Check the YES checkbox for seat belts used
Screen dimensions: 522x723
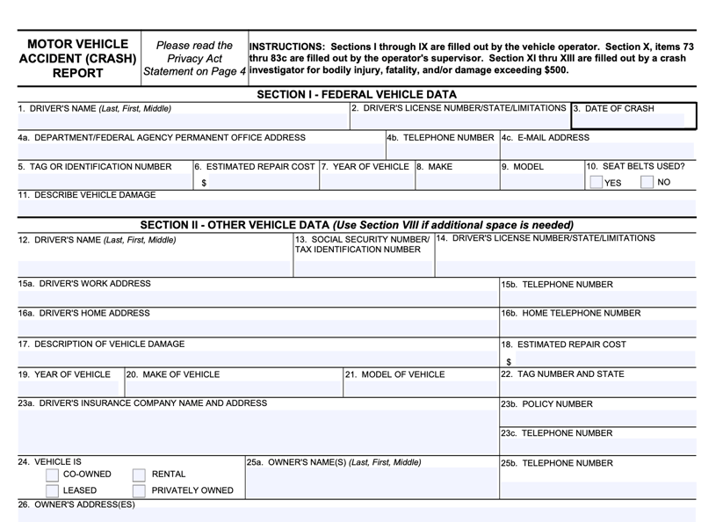pyautogui.click(x=596, y=183)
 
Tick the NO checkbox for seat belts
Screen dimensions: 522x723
pyautogui.click(x=647, y=183)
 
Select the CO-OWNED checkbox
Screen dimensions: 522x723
pyautogui.click(x=52, y=475)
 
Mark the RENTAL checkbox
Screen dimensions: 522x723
pyautogui.click(x=139, y=475)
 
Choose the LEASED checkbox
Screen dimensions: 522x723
pyautogui.click(x=52, y=491)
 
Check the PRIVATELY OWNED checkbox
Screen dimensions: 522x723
pyautogui.click(x=139, y=491)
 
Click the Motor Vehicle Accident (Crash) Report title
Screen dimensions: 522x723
pyautogui.click(x=77, y=59)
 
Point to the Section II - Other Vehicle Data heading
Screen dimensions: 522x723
pyautogui.click(x=357, y=225)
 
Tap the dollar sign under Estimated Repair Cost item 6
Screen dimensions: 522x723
pyautogui.click(x=204, y=184)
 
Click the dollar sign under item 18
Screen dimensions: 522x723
pyautogui.click(x=509, y=361)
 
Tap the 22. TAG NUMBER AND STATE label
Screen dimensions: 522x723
pyautogui.click(x=562, y=374)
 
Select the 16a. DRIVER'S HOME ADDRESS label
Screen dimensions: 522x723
pyautogui.click(x=84, y=313)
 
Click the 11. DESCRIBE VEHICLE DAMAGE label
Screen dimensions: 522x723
pyautogui.click(x=87, y=195)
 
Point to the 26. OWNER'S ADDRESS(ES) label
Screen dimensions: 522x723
pyautogui.click(x=76, y=504)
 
